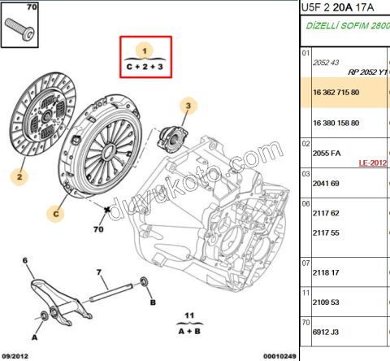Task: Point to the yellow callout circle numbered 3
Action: [x=188, y=105]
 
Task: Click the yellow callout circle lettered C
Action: [x=55, y=215]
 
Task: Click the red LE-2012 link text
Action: [x=373, y=163]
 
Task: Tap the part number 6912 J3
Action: [x=326, y=331]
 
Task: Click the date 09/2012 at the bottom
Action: [x=16, y=356]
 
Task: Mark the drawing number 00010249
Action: [x=279, y=356]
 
